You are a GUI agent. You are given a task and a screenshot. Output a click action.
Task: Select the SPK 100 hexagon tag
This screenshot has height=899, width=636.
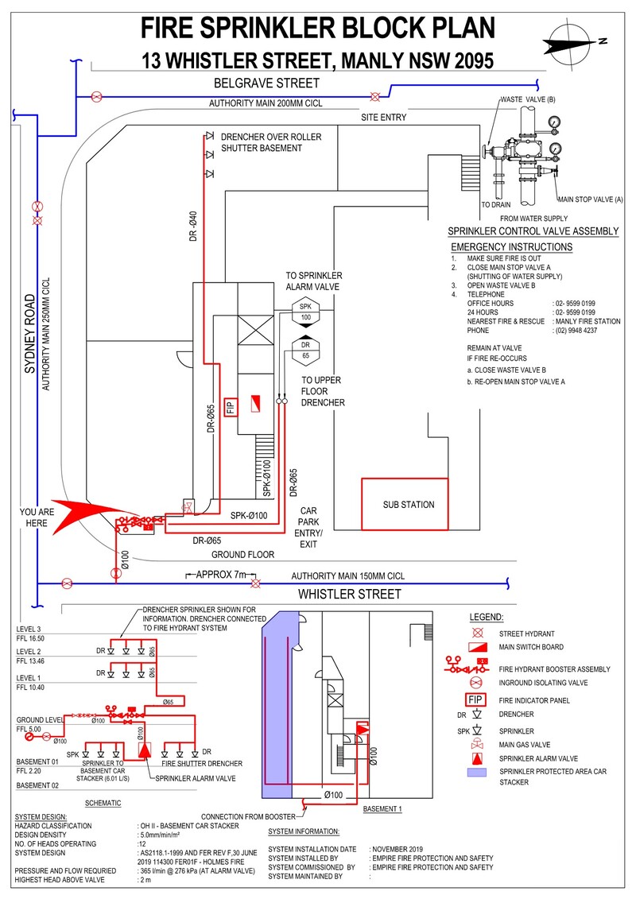[x=305, y=312]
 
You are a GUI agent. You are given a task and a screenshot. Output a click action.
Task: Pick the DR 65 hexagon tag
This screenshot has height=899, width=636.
[x=305, y=351]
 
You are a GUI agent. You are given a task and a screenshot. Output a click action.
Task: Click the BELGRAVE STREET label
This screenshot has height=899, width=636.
[x=266, y=83]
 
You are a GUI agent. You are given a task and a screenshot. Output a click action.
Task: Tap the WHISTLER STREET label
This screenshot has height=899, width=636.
[x=349, y=595]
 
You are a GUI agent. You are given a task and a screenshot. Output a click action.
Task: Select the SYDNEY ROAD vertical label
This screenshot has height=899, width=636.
[x=30, y=335]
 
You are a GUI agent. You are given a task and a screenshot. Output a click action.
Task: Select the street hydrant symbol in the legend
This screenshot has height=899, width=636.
[x=479, y=634]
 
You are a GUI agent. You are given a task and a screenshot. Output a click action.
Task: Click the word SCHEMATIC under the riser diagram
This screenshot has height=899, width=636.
[x=103, y=804]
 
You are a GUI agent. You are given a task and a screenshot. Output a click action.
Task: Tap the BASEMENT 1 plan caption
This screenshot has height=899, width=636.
[x=383, y=808]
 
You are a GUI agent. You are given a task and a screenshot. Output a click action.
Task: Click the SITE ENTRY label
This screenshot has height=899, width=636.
[x=384, y=118]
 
